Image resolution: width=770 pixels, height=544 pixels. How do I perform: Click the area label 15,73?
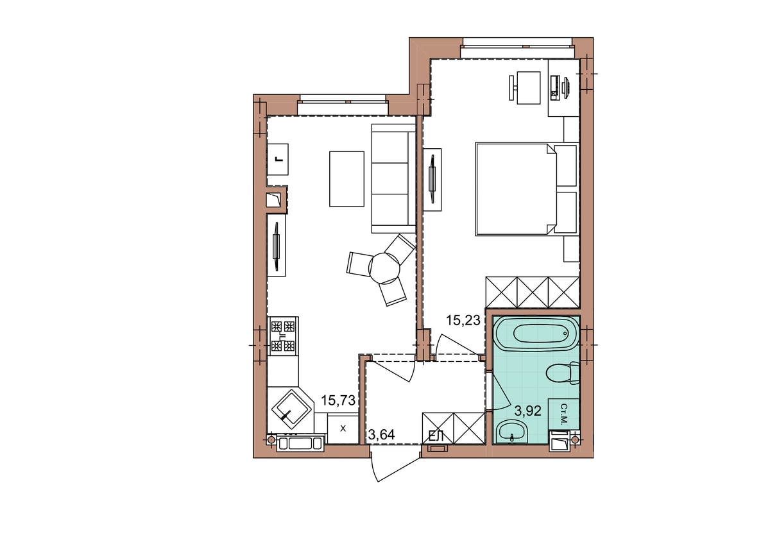338,400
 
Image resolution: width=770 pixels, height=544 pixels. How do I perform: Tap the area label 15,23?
463,320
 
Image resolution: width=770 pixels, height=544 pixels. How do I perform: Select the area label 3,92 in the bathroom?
527,411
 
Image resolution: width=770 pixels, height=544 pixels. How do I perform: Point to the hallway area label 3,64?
381,435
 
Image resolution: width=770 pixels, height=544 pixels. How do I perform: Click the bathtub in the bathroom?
537,334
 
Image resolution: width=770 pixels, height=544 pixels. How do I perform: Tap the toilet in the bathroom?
563,373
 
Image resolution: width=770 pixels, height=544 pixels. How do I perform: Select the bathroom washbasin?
513,431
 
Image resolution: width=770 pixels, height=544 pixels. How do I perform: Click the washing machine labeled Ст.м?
564,414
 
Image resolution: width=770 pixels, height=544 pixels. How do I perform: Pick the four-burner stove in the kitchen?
283,336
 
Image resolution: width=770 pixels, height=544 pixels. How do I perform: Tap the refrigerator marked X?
343,428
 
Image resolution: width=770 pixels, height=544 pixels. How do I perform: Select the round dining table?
384,268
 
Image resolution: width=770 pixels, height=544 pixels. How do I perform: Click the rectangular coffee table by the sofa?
346,179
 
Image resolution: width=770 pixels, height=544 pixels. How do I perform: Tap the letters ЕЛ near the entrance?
436,436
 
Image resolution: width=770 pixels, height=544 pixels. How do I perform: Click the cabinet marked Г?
278,160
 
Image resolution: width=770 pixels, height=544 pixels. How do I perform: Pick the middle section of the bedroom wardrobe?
533,293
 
